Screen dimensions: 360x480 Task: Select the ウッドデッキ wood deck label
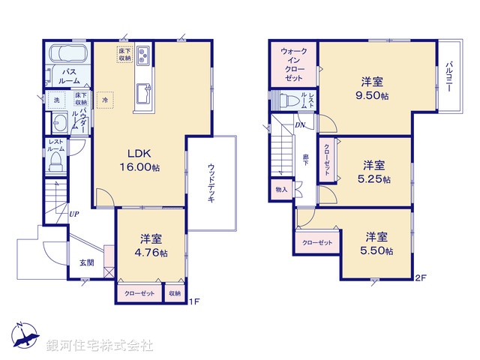(x=212, y=184)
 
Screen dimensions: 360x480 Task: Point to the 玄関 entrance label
(x=87, y=262)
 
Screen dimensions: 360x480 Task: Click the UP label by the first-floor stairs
(x=74, y=214)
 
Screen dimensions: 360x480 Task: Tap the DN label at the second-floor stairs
(x=300, y=125)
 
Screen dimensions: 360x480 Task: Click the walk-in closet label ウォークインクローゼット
(x=293, y=64)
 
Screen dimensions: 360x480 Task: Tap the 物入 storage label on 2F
(x=281, y=190)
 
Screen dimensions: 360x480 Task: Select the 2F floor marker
(x=421, y=278)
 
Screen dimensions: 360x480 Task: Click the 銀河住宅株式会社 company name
(x=100, y=345)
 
